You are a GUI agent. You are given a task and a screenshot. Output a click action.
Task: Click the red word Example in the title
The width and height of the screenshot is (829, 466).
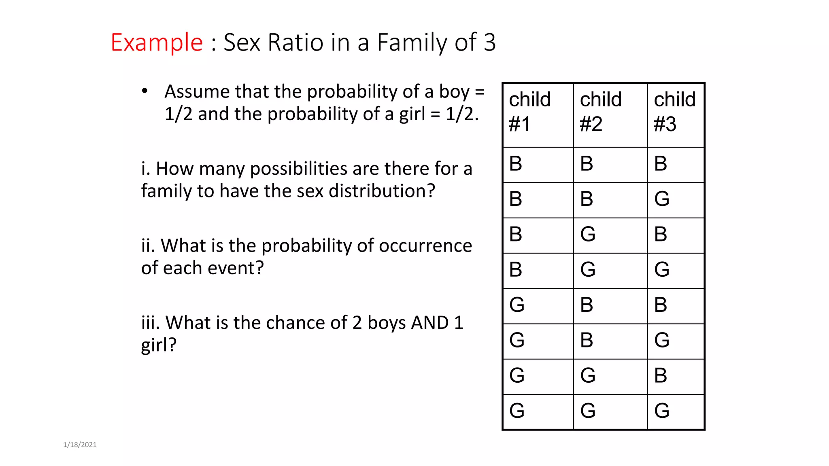pos(157,42)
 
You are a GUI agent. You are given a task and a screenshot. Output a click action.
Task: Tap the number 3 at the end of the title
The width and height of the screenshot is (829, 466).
pos(489,42)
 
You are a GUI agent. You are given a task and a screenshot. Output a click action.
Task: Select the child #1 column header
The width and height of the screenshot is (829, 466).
pos(529,112)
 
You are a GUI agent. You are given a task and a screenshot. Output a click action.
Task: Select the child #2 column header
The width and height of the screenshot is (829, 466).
pos(601,112)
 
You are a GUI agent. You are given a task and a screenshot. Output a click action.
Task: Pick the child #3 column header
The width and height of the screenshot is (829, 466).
pos(675,112)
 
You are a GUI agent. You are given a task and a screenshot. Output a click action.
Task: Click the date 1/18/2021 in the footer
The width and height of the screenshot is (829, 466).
pos(80,445)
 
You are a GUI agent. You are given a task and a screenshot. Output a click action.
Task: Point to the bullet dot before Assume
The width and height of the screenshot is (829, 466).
pos(145,91)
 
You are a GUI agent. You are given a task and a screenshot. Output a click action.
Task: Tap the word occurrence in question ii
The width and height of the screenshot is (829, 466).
pos(425,246)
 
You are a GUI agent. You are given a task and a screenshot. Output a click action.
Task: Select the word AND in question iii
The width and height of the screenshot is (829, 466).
pos(429,323)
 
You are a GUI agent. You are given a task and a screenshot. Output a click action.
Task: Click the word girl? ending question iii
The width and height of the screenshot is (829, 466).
pos(159,345)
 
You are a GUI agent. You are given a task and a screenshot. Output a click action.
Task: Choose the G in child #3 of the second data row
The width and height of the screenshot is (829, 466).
pos(662,199)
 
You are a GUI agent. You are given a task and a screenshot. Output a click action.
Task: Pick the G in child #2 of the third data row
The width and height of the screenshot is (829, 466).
pos(588,234)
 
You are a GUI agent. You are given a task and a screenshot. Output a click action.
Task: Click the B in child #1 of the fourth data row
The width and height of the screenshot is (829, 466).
pos(516,269)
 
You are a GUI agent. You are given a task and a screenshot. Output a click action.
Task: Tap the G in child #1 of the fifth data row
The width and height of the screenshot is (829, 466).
pos(517,305)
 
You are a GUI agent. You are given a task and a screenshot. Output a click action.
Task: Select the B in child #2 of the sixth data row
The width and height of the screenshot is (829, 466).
pos(587,340)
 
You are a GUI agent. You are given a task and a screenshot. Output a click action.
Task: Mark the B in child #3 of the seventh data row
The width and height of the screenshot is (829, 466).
pos(661,375)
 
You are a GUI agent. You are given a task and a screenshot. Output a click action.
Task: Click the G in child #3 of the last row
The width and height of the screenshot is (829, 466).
pos(662,411)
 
